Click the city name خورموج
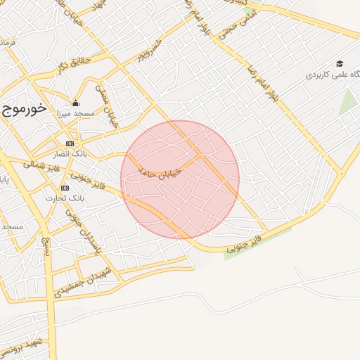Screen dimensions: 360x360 coord(24,109)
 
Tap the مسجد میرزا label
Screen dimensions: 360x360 coord(76,114)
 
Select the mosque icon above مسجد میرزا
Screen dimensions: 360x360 coord(76,103)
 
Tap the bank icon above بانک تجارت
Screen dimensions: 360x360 coord(65,188)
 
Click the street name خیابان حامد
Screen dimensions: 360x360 coord(165,169)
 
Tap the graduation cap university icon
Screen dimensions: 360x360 coord(340,63)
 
